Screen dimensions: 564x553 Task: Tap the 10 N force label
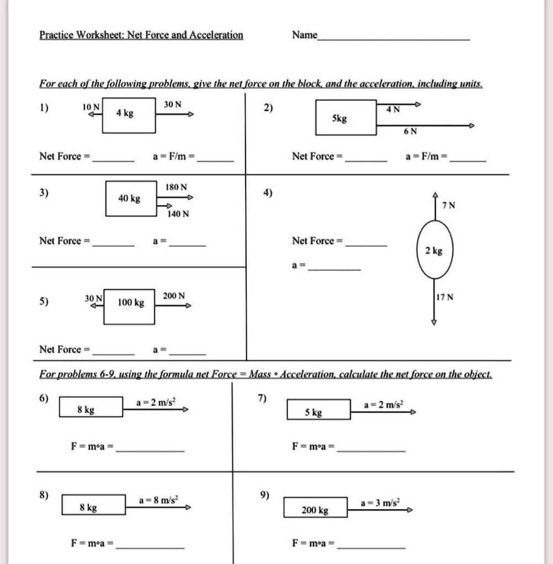[x=90, y=106]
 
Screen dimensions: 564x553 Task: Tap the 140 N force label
[x=178, y=214]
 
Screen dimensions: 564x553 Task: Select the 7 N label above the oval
[x=448, y=205]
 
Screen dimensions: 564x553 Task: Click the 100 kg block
[x=130, y=303]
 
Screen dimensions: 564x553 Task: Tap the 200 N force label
[x=174, y=296]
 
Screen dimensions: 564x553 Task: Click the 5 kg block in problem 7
[x=318, y=411]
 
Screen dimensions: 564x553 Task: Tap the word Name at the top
[x=305, y=35]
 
